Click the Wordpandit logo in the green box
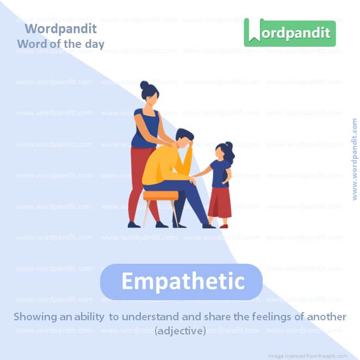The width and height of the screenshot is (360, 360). pos(290,33)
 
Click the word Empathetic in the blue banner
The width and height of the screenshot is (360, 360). pos(182,282)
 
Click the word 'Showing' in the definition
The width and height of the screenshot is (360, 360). pos(32,316)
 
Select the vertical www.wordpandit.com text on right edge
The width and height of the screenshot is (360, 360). pos(355,159)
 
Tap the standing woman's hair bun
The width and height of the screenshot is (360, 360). pos(144,85)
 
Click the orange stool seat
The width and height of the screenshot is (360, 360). pos(160,195)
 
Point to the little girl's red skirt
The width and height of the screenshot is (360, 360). pos(220,202)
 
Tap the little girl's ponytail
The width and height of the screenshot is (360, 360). pos(231,154)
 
